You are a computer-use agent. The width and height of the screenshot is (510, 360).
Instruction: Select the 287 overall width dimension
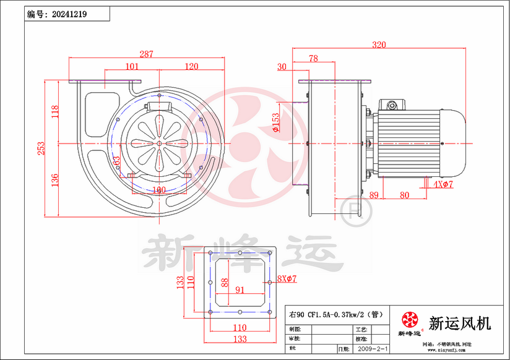pyautogui.click(x=146, y=54)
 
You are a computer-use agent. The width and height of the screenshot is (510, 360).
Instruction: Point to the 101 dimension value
pyautogui.click(x=131, y=66)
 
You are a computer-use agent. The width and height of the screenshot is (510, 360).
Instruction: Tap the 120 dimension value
pyautogui.click(x=191, y=66)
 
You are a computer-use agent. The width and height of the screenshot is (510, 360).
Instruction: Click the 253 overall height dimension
pyautogui.click(x=41, y=148)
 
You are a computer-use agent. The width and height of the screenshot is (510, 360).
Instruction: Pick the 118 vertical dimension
pyautogui.click(x=54, y=112)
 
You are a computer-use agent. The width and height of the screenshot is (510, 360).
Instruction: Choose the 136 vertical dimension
pyautogui.click(x=54, y=180)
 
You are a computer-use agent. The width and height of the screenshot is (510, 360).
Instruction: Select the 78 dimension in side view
pyautogui.click(x=313, y=58)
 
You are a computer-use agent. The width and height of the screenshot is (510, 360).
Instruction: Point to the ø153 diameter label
pyautogui.click(x=275, y=122)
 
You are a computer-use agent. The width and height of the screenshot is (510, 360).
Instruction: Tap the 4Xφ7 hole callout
pyautogui.click(x=443, y=184)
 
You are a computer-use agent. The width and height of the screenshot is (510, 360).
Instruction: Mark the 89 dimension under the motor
pyautogui.click(x=374, y=195)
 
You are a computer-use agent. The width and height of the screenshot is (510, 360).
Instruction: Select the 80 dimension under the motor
pyautogui.click(x=404, y=195)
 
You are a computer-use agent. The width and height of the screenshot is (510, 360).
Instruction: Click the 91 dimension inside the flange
pyautogui.click(x=240, y=289)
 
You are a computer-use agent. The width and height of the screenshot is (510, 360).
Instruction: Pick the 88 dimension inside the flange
pyautogui.click(x=225, y=283)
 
